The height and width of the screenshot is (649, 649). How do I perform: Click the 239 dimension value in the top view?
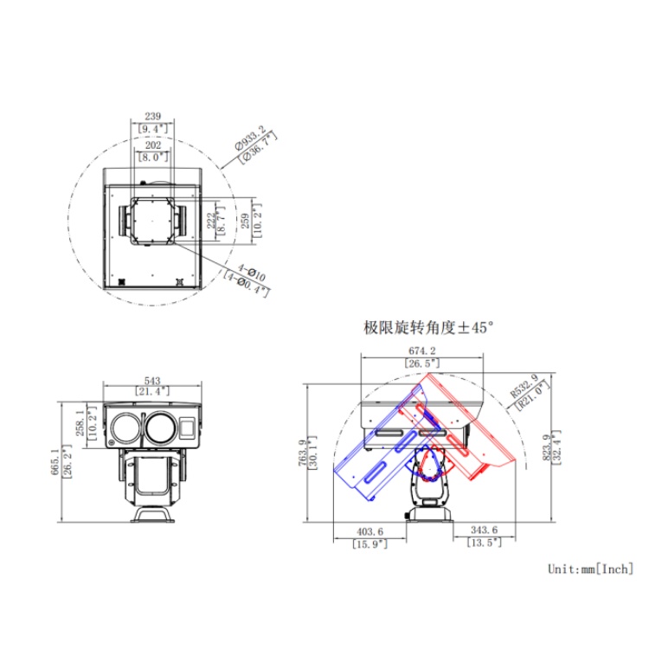(x=153, y=115)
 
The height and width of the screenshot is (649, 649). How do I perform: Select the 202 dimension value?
(x=153, y=146)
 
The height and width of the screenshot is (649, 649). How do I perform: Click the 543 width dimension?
(x=153, y=381)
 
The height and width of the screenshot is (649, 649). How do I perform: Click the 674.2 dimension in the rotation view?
(x=421, y=351)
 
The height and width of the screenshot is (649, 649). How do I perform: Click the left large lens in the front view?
(x=125, y=427)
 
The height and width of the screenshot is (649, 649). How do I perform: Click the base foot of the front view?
(x=154, y=516)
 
